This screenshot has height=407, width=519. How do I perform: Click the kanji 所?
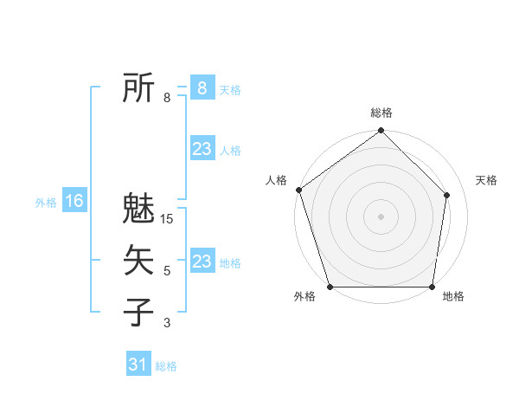tap(139, 89)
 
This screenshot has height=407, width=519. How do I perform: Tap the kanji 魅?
tap(139, 209)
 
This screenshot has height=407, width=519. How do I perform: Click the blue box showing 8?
tap(202, 88)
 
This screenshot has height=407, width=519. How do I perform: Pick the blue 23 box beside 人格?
tap(202, 149)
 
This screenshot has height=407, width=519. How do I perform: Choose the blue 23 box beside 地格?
tap(202, 262)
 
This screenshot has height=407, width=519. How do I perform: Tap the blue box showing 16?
tap(74, 202)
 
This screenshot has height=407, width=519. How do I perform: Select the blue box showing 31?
tap(138, 365)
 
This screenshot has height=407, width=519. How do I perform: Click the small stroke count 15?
tap(168, 219)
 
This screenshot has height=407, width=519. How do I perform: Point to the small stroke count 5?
tap(167, 271)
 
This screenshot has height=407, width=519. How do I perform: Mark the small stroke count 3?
tap(167, 323)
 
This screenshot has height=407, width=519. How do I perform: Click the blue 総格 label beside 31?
tap(166, 366)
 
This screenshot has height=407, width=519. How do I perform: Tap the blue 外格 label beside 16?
tap(46, 203)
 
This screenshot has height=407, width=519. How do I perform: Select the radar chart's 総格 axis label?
tap(381, 113)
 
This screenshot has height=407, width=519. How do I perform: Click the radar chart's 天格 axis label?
tap(486, 180)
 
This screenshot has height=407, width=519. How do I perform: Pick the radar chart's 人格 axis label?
tap(276, 180)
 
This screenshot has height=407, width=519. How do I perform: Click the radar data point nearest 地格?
tap(432, 287)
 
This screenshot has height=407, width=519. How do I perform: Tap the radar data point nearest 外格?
tap(330, 287)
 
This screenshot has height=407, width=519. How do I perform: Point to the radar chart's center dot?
tap(381, 216)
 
